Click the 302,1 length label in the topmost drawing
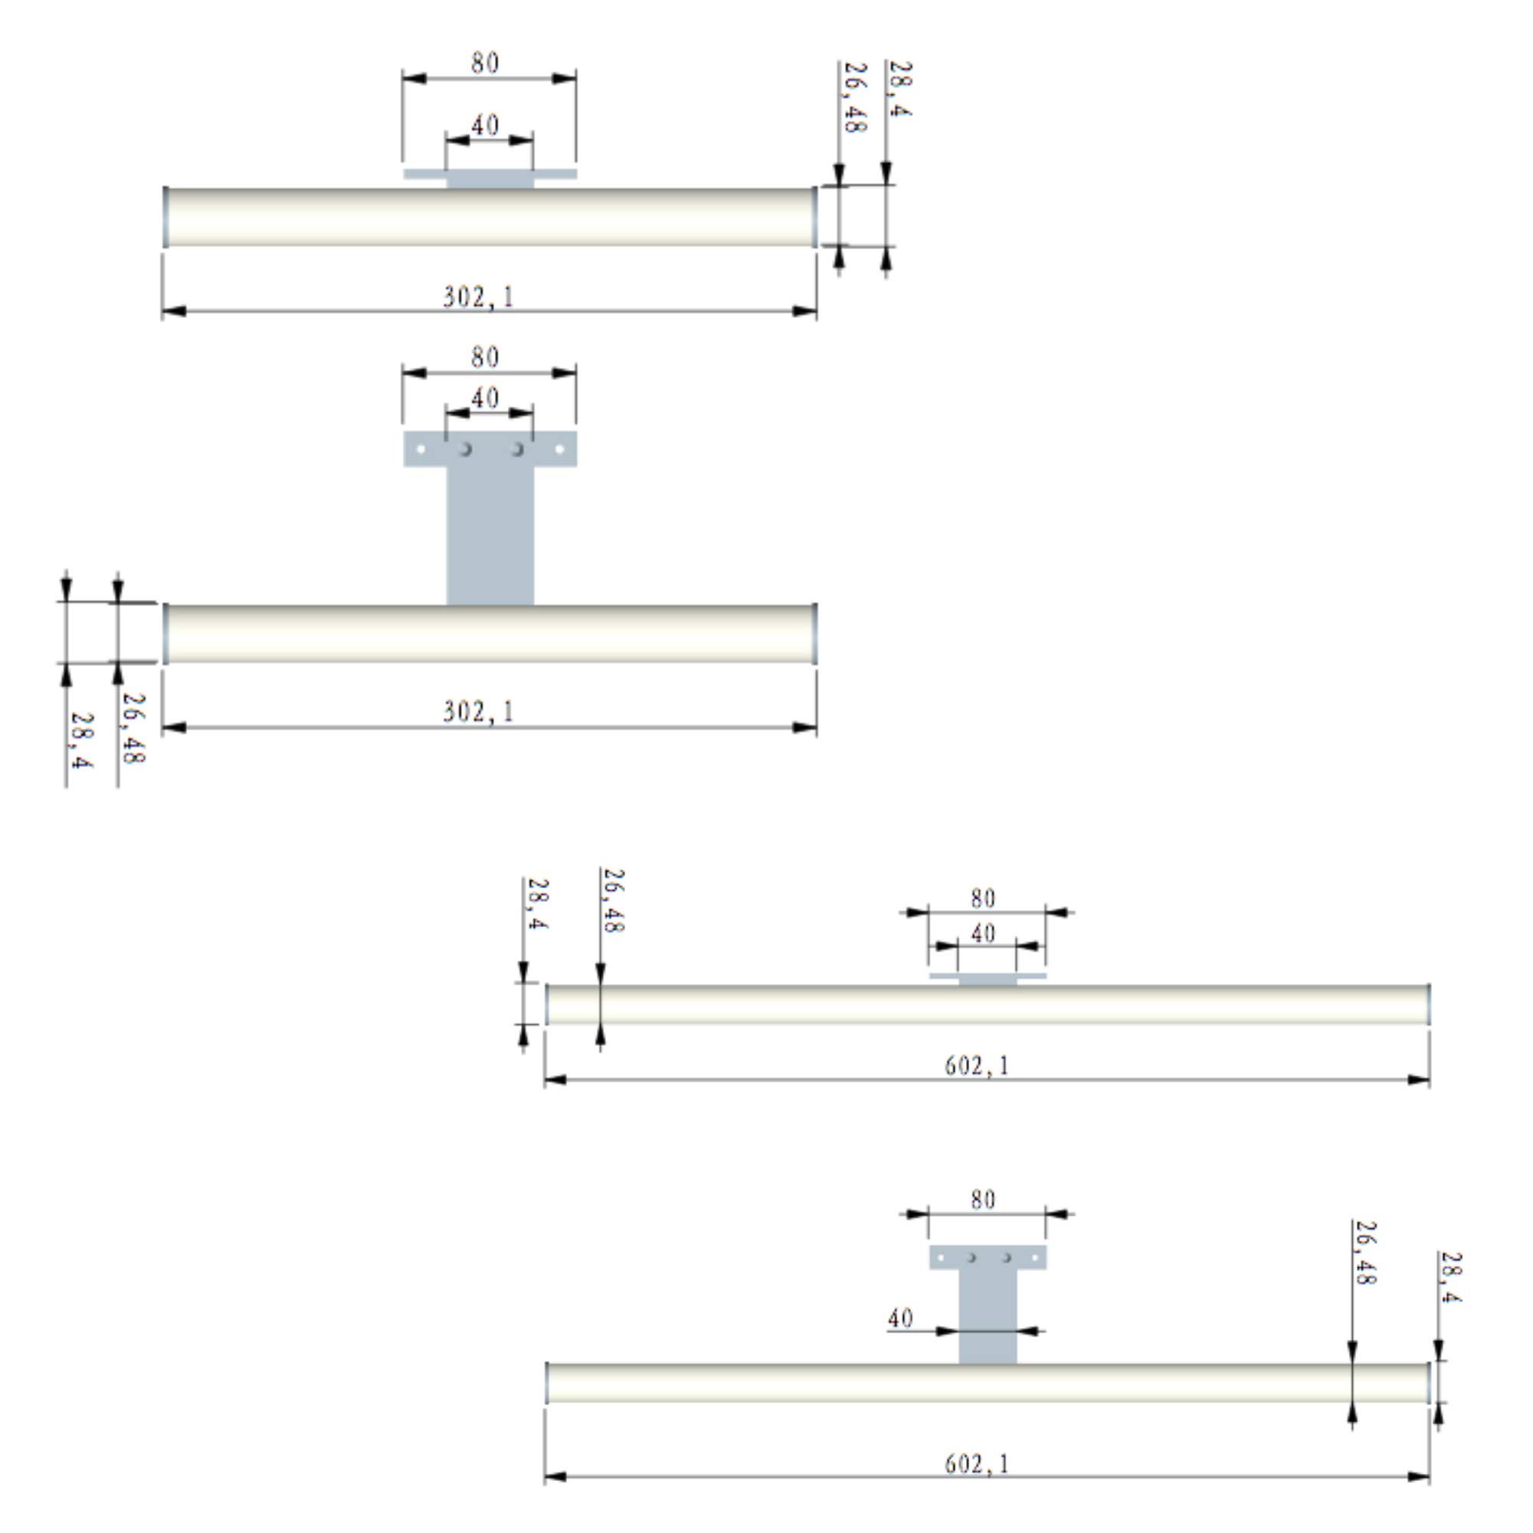coord(479,296)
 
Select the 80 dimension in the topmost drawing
coord(485,63)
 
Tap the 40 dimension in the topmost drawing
coord(485,126)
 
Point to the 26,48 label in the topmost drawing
coord(854,97)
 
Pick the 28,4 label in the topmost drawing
coord(899,88)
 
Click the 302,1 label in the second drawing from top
coord(479,711)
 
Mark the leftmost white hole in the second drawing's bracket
coord(421,449)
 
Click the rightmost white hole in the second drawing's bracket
coord(559,449)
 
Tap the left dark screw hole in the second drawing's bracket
coord(466,449)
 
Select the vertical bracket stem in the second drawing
coord(490,536)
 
